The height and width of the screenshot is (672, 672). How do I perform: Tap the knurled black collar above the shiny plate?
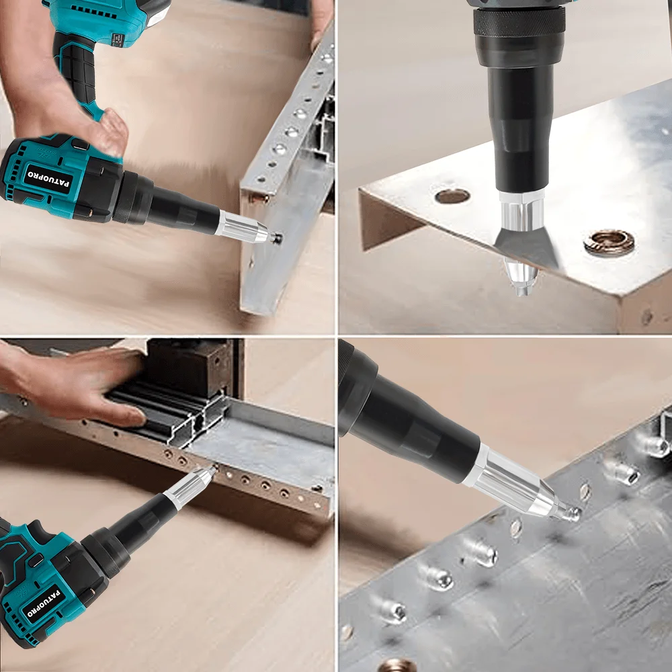pyautogui.click(x=517, y=23)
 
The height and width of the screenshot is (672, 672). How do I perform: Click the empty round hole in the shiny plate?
pyautogui.click(x=452, y=196)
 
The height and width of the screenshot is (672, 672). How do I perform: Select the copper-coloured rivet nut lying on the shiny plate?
pyautogui.click(x=608, y=243)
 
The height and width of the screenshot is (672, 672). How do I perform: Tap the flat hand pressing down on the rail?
pyautogui.click(x=81, y=383)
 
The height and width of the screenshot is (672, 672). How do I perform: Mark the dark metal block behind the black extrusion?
pyautogui.click(x=195, y=366)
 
